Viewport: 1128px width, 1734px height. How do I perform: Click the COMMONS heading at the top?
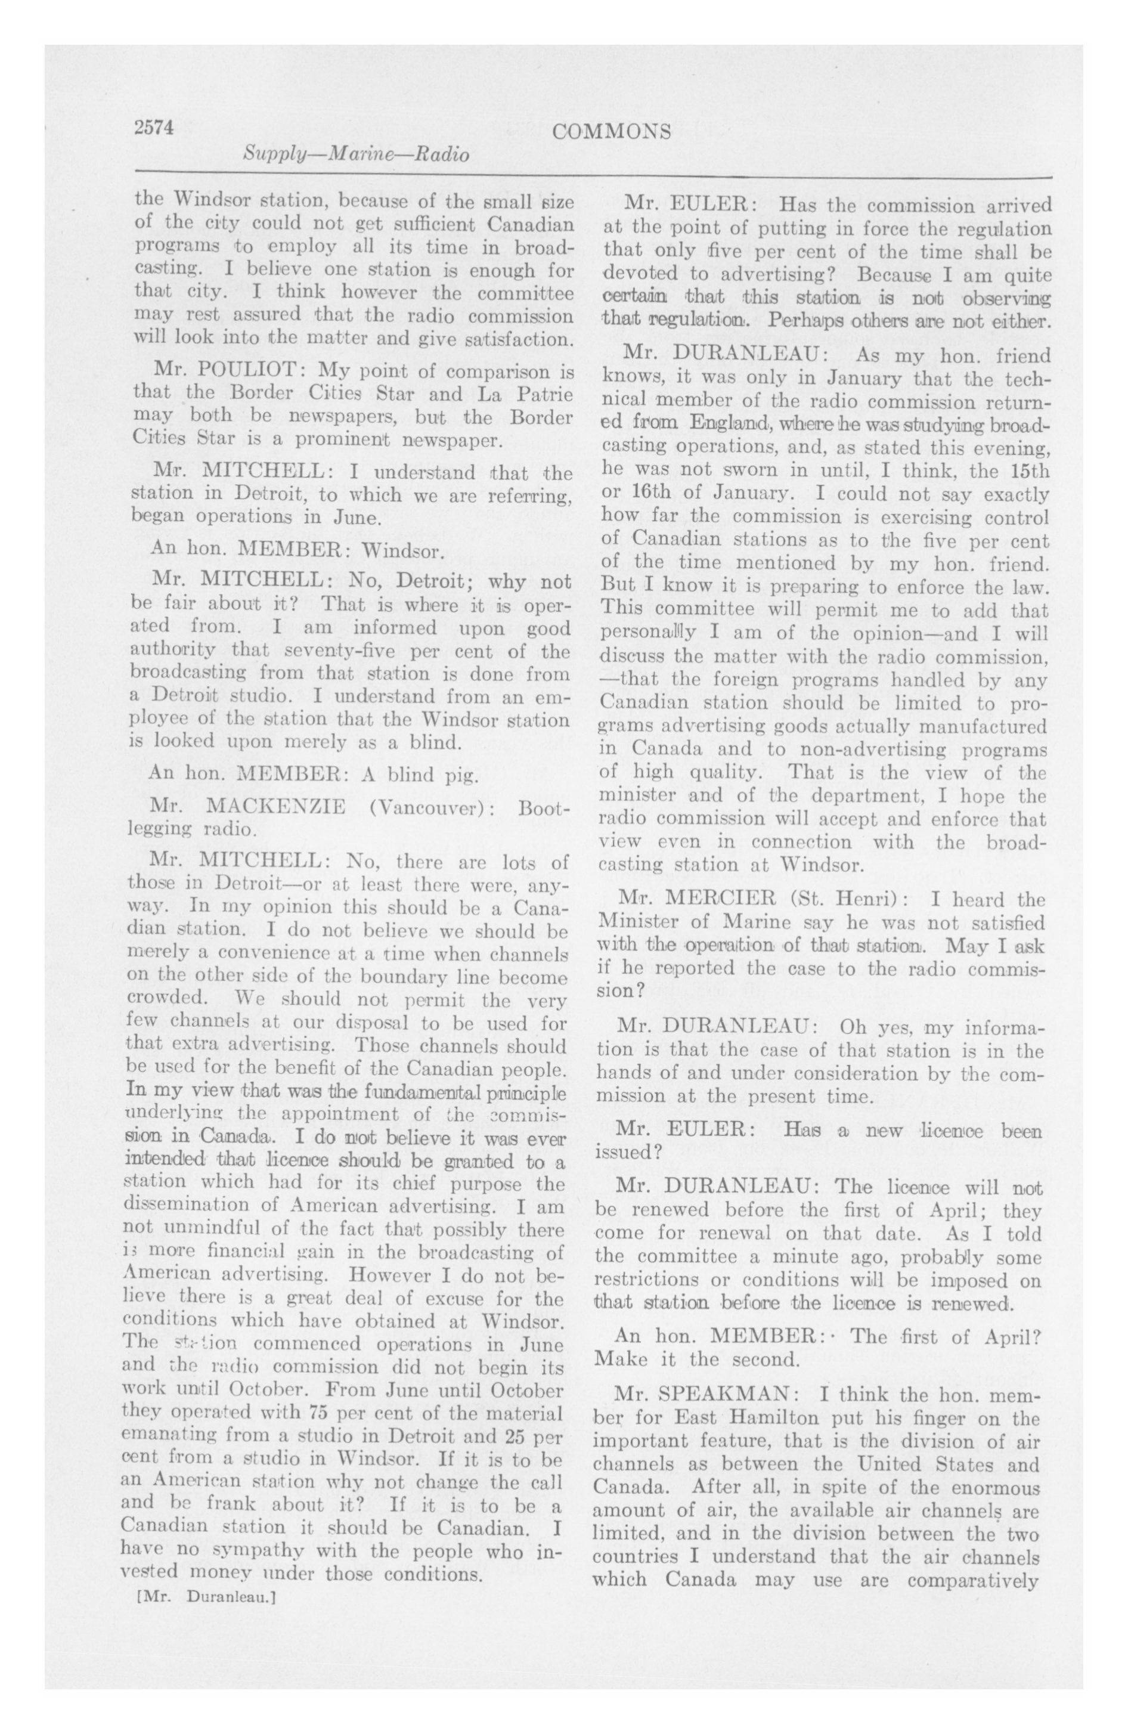click(x=611, y=132)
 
